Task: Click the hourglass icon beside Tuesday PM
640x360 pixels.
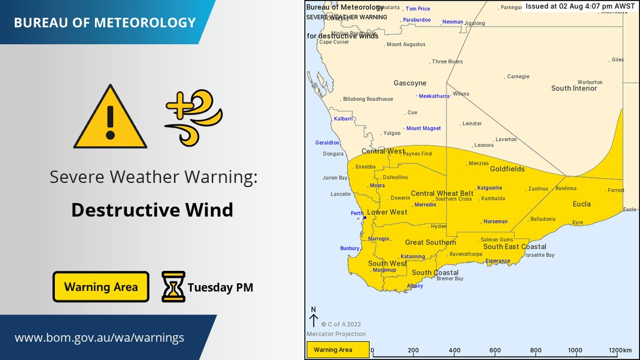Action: click(x=173, y=287)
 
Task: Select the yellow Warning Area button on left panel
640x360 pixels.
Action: click(x=101, y=287)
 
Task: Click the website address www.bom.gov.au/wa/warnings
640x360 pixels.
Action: click(x=99, y=338)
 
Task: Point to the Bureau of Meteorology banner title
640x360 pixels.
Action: click(x=104, y=23)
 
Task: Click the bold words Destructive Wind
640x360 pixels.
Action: click(x=152, y=210)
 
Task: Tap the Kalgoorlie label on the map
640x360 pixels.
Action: click(x=489, y=188)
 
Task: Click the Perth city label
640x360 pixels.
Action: click(x=357, y=213)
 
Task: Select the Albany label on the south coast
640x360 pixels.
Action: click(x=415, y=286)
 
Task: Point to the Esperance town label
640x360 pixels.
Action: click(x=497, y=261)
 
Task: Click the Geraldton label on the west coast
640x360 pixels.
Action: click(x=327, y=143)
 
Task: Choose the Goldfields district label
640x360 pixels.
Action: click(x=507, y=169)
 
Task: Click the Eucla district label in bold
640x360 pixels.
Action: click(x=582, y=204)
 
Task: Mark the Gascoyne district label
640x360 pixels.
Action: click(x=409, y=83)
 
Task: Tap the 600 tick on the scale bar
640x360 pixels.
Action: click(x=495, y=350)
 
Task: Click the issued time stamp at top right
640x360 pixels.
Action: click(x=580, y=6)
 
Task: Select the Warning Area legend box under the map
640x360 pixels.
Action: click(x=337, y=350)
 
